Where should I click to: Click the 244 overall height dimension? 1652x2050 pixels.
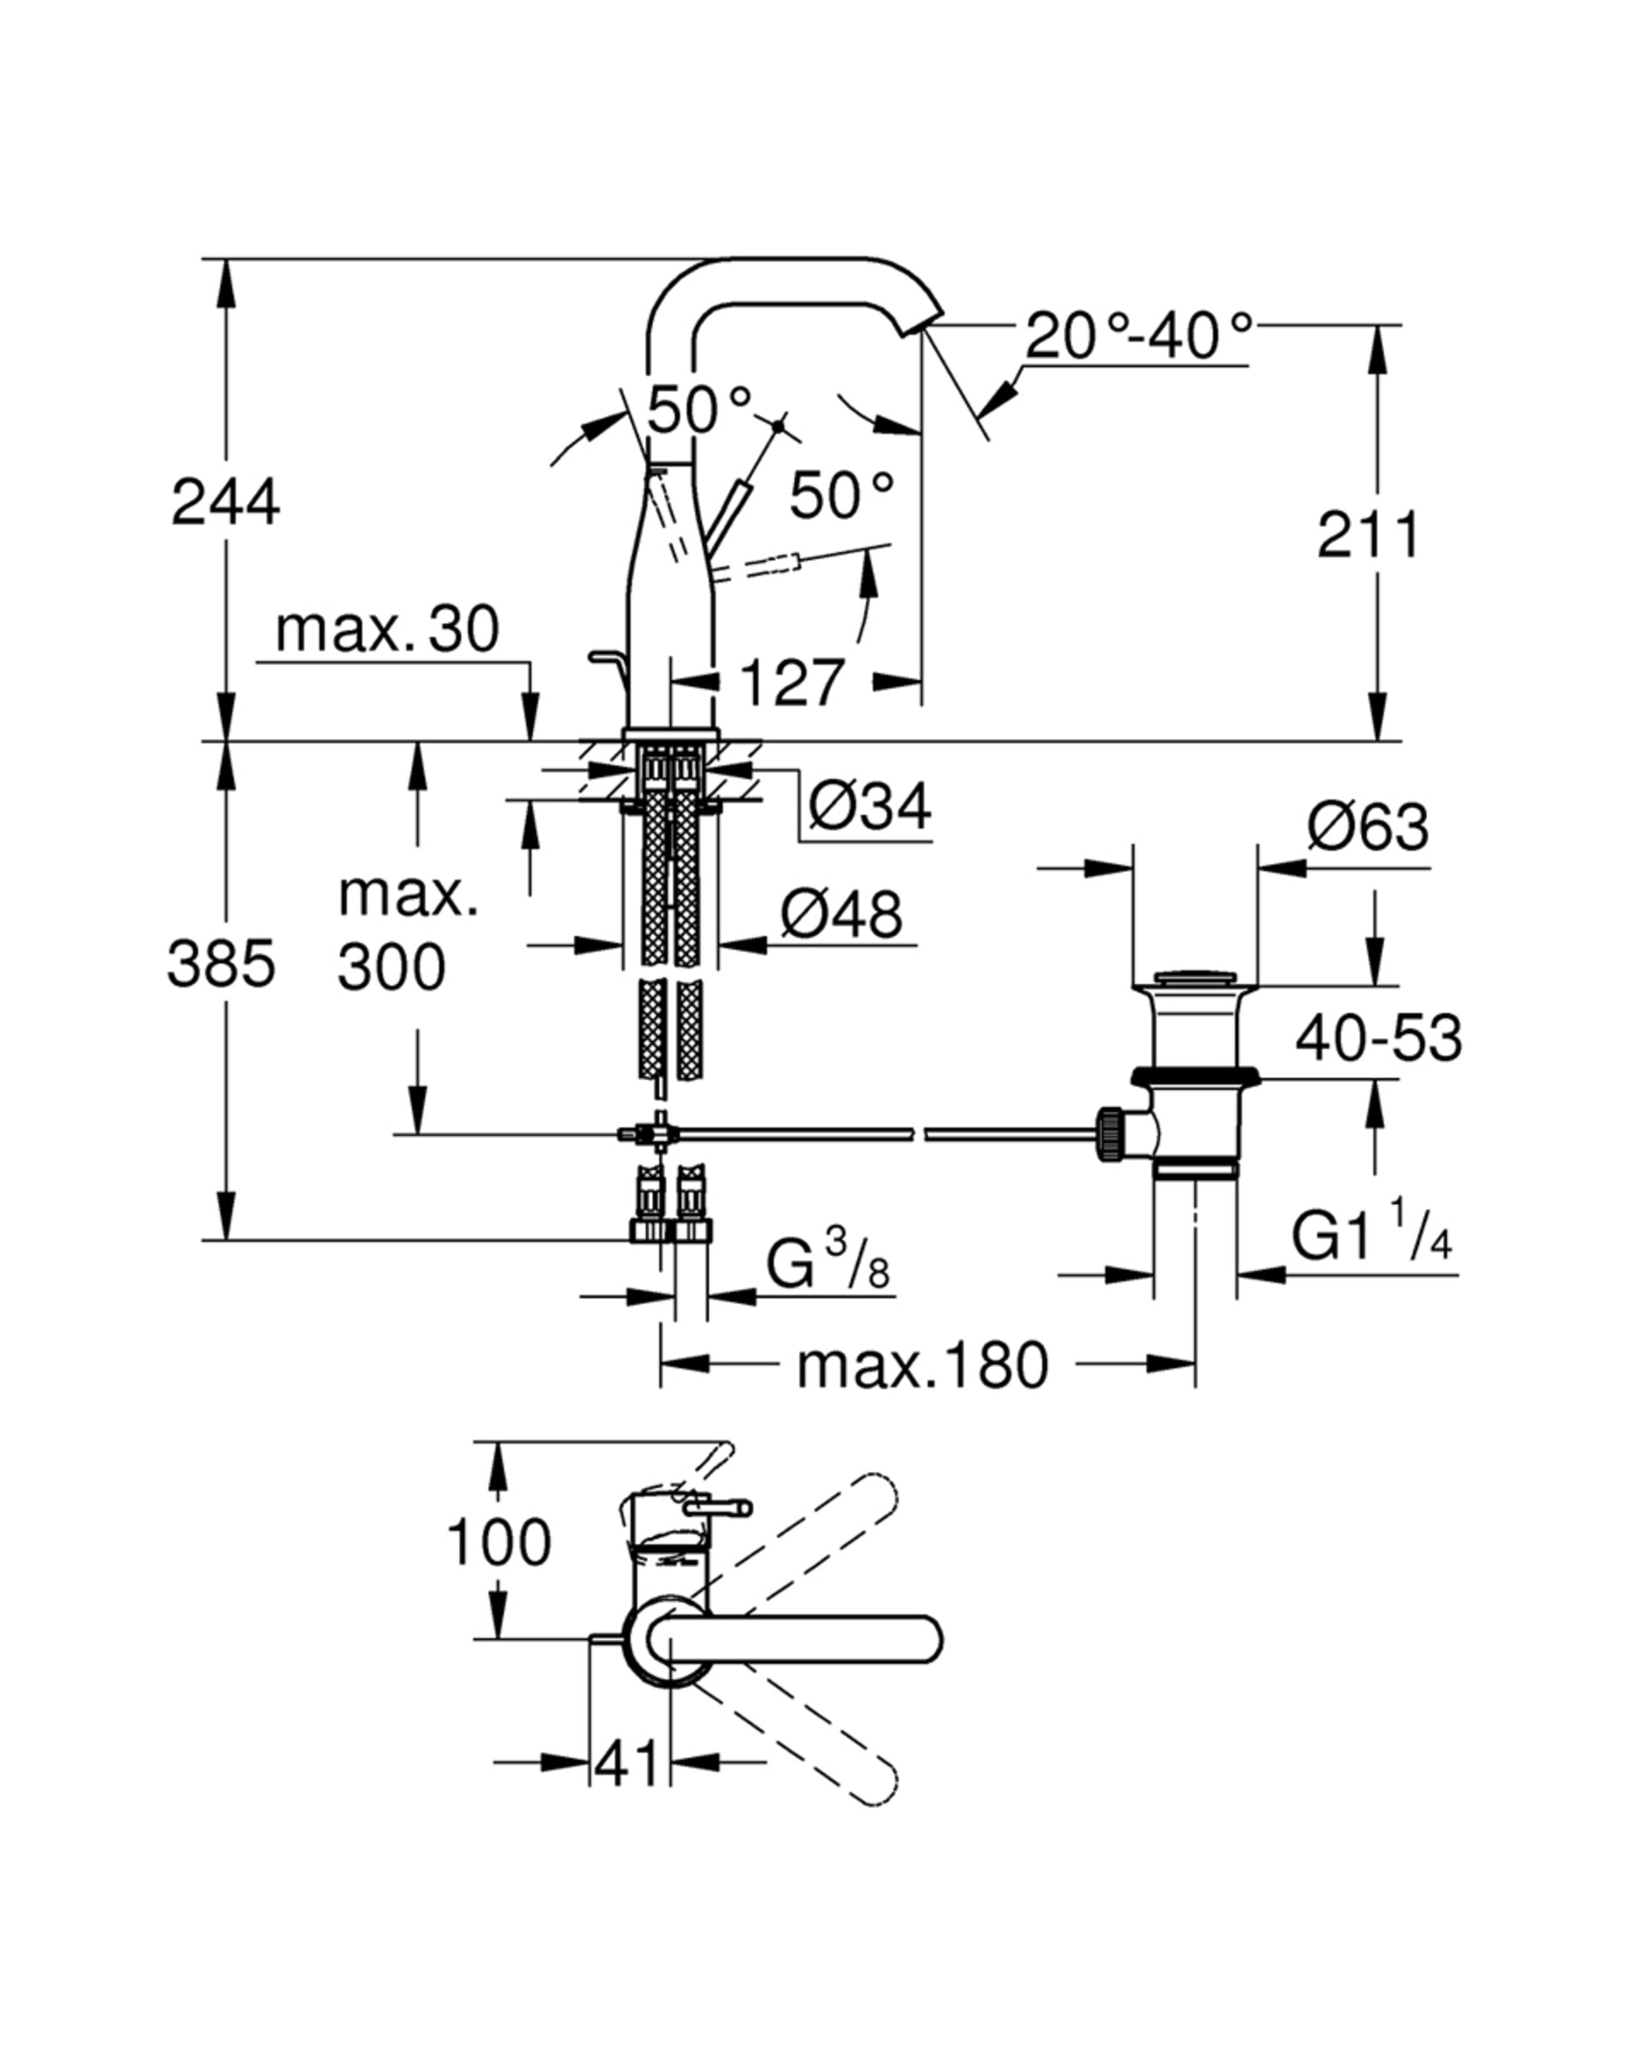click(x=226, y=502)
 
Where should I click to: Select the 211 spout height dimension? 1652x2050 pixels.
click(x=1368, y=535)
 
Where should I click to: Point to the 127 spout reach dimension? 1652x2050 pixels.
click(x=791, y=682)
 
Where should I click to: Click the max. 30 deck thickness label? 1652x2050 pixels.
click(x=386, y=629)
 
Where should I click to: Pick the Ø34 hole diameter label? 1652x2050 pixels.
click(x=869, y=806)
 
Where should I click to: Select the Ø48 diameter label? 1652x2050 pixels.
click(x=841, y=915)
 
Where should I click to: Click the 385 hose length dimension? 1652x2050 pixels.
click(x=220, y=963)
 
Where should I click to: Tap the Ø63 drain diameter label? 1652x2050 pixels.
click(x=1367, y=826)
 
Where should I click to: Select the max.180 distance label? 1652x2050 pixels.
click(x=921, y=1366)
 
